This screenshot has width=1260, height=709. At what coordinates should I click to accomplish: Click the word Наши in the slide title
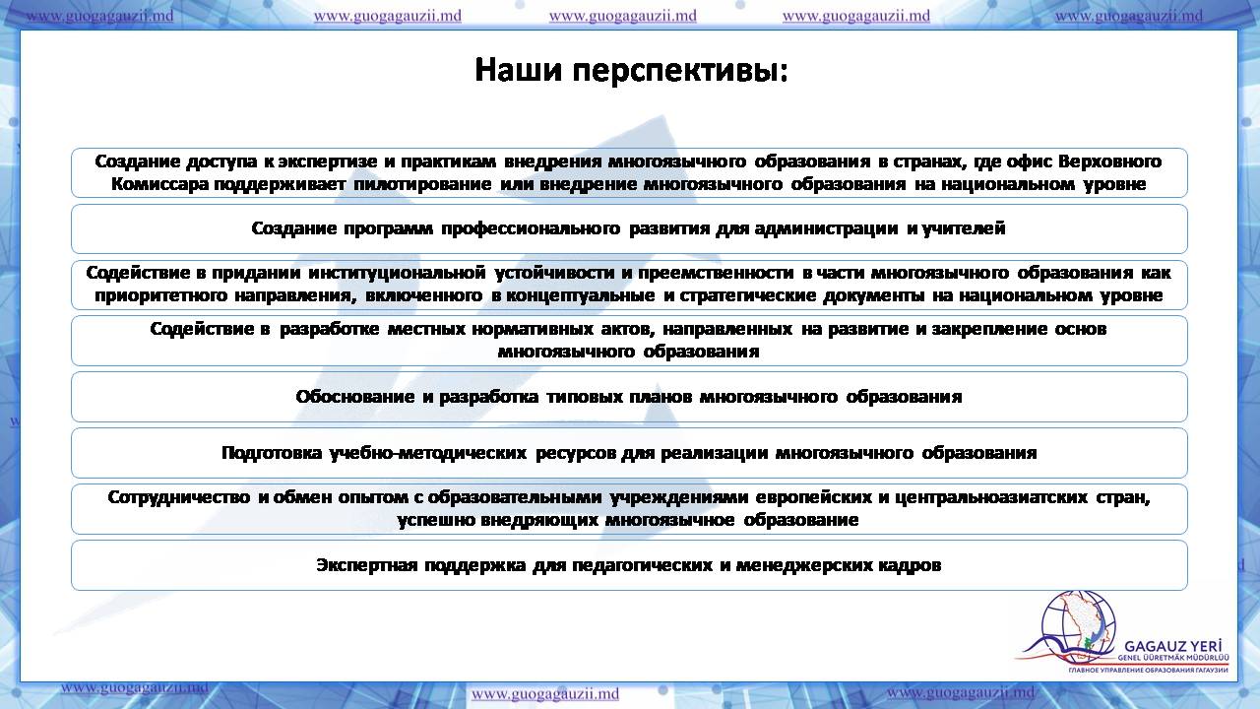[x=519, y=70]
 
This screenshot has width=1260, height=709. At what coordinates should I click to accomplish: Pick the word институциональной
[x=397, y=273]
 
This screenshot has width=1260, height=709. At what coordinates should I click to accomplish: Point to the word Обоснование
[x=355, y=397]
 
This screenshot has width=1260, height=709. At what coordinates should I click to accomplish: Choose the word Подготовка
[x=272, y=453]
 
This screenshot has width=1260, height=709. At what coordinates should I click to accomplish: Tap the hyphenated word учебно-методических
[x=428, y=453]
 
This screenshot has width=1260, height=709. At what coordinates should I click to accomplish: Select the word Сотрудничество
[x=179, y=497]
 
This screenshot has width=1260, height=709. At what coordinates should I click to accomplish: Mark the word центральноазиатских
[x=990, y=497]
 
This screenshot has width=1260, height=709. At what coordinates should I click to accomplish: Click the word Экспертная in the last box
[x=367, y=565]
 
